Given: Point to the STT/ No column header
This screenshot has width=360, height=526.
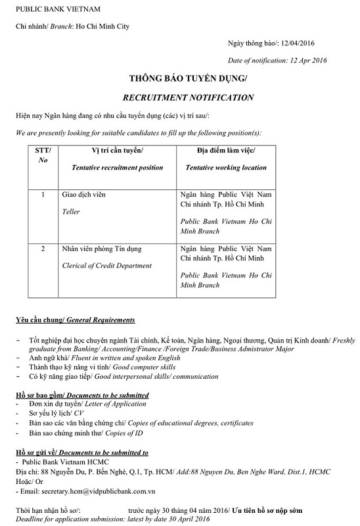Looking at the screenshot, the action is point(43,158).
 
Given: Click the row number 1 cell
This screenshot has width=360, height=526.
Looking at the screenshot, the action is point(43,195).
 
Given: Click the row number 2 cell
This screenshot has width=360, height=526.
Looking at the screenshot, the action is point(43,249).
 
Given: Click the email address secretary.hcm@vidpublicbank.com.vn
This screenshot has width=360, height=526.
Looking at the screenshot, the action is point(108,490).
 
